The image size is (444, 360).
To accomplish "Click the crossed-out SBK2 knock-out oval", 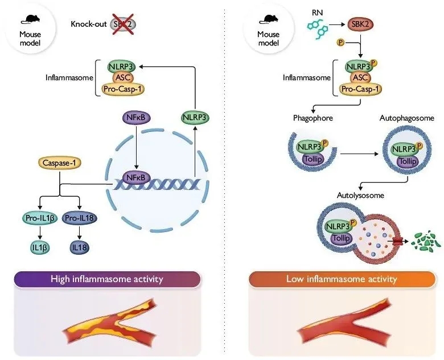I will [x=124, y=24].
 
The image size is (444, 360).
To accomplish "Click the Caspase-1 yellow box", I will [x=59, y=164].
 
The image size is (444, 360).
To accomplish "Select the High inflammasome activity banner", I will [x=107, y=279].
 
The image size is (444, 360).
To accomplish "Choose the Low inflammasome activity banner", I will [x=342, y=279].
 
